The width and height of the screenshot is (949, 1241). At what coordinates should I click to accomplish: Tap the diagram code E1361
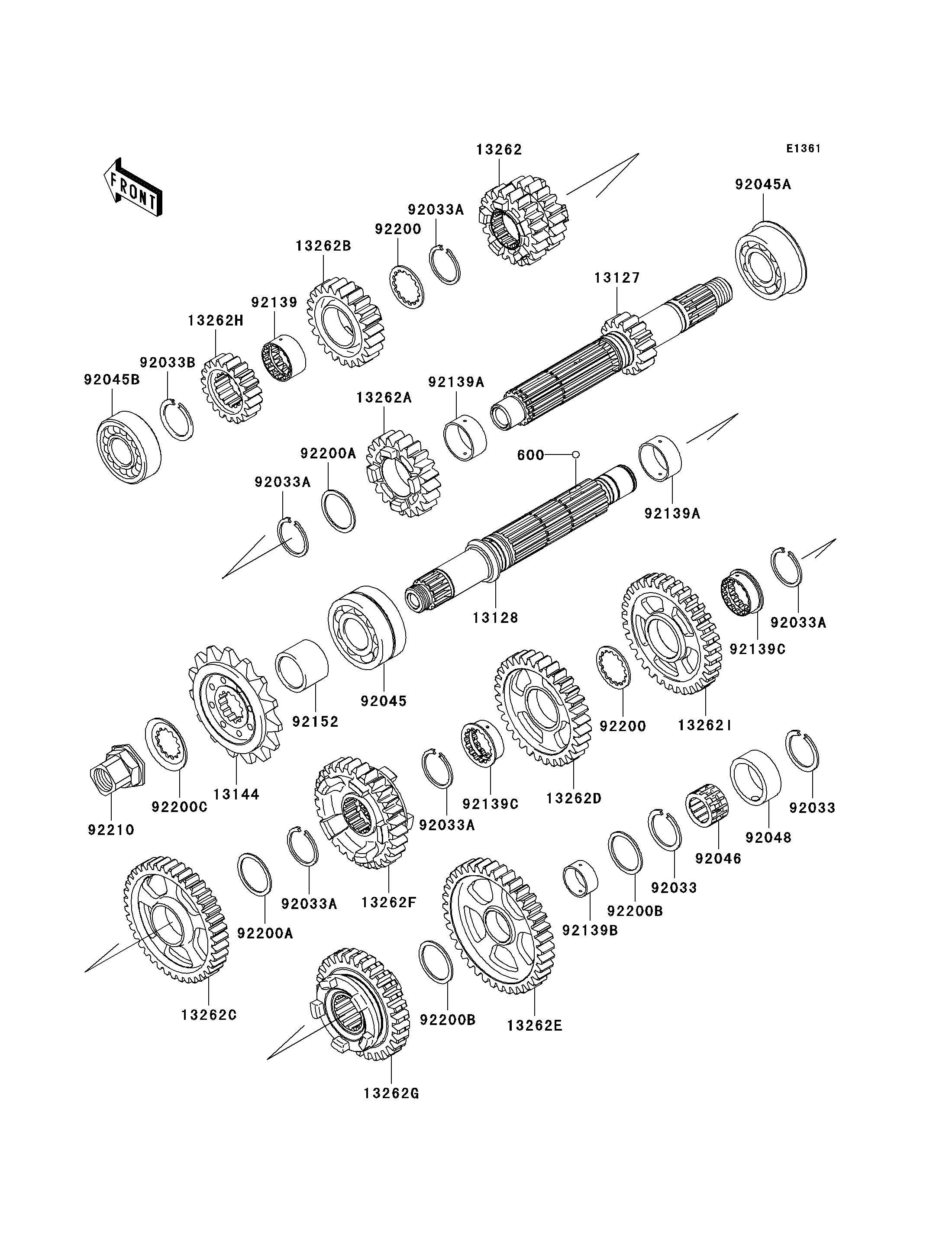803,148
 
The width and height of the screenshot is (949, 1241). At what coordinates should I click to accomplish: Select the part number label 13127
617,278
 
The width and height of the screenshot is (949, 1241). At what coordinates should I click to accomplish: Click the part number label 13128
495,618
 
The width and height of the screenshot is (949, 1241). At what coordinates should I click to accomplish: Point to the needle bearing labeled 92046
707,810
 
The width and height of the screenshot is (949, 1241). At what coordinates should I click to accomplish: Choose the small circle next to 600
576,454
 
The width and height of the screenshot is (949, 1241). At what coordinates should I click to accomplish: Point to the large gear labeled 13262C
176,920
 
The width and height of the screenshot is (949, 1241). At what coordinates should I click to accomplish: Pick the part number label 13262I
705,725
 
